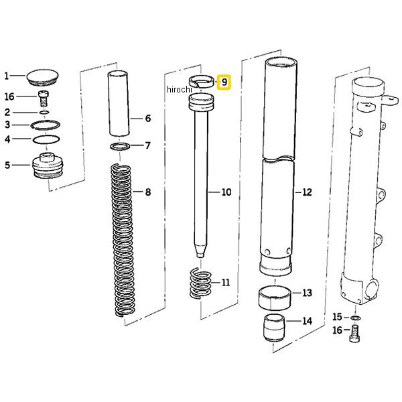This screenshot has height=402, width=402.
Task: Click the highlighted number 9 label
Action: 224,82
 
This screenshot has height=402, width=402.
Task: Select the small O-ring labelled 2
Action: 45,113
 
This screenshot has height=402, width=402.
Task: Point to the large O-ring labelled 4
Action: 46,139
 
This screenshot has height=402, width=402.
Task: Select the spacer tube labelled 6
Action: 118,104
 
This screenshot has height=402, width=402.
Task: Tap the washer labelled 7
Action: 120,147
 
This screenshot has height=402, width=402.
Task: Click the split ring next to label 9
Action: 201,82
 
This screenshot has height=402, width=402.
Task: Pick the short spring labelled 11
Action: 201,283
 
